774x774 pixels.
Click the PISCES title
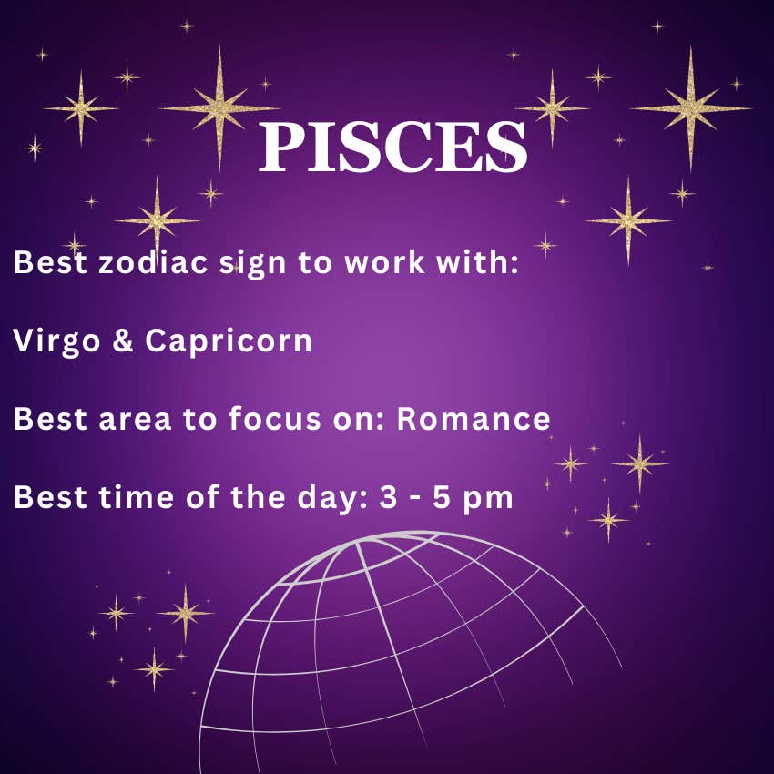click(x=393, y=147)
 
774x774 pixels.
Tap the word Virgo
click(x=56, y=342)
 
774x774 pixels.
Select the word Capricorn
click(x=229, y=342)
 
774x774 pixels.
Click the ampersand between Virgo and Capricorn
click(x=123, y=341)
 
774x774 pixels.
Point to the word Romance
click(x=474, y=419)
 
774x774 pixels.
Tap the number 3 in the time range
click(x=389, y=497)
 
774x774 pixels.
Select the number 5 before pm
click(x=442, y=497)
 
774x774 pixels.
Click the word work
click(x=384, y=261)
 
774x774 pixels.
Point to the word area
click(x=135, y=421)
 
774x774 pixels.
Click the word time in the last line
click(x=136, y=497)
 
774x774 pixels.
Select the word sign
click(x=252, y=264)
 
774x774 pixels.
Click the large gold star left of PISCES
click(x=219, y=108)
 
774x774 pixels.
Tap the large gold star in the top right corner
click(x=690, y=107)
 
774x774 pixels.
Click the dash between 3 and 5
click(x=415, y=500)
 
